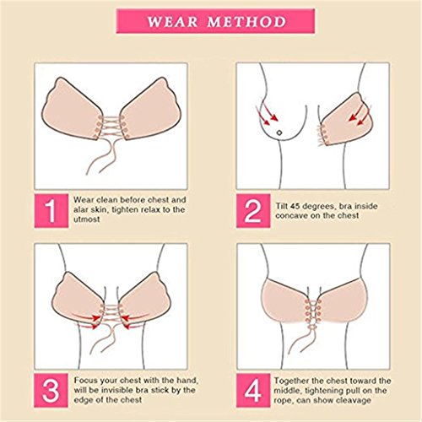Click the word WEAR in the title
point(172,22)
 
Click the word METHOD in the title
point(246,22)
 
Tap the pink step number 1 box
point(51,210)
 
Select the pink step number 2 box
point(253,210)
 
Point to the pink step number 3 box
point(51,391)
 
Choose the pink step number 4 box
point(253,391)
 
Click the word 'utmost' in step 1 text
point(87,219)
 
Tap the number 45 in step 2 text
point(295,206)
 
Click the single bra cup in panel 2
point(348,120)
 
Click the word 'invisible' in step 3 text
point(117,390)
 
